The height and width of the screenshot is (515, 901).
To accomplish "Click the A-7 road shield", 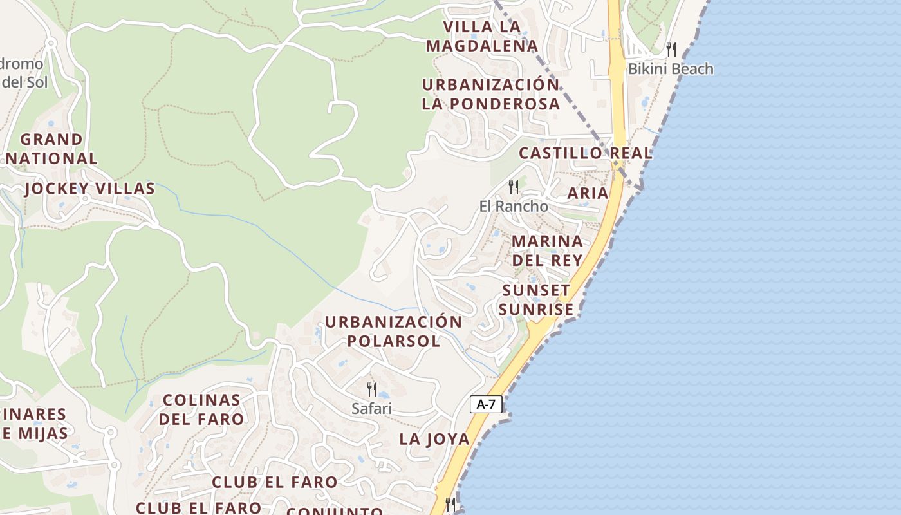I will [486, 404].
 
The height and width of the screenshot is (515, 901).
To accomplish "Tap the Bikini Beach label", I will [671, 69].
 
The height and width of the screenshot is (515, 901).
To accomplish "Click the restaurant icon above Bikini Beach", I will [671, 49].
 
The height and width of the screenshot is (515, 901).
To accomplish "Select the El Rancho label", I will [514, 207].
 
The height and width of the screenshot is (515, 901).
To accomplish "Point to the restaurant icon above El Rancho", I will [514, 187].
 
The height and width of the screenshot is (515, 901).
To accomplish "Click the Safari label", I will [371, 408].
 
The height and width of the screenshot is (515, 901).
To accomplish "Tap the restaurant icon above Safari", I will [372, 389].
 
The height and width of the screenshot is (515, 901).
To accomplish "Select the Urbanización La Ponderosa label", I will [491, 94].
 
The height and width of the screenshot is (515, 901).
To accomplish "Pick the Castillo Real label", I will [586, 153].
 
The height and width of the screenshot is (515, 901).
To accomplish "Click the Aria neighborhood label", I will [588, 193].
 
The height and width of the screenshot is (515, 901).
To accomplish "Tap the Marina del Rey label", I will [547, 250].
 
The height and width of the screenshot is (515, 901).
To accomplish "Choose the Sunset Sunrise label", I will [536, 300].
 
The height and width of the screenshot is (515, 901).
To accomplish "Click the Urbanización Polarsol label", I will [393, 331].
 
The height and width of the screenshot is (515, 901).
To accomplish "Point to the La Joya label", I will [434, 439].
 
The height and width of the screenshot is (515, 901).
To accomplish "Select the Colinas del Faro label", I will [201, 409].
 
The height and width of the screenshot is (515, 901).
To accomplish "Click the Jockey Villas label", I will [90, 189].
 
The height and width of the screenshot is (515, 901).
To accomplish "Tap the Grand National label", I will [51, 149].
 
